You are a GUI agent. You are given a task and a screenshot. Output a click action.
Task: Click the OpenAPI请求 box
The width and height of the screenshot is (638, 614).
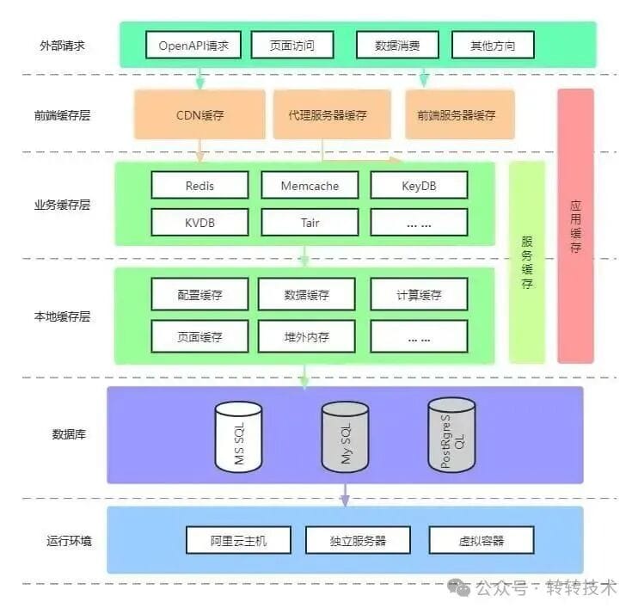click(x=193, y=46)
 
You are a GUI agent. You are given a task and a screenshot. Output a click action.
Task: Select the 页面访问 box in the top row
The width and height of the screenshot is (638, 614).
click(x=292, y=46)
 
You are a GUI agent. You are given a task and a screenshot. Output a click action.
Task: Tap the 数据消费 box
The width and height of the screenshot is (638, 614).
click(x=397, y=46)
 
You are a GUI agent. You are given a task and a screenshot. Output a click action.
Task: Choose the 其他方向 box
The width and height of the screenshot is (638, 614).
click(x=493, y=46)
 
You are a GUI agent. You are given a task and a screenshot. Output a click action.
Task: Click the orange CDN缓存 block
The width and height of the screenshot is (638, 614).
click(x=199, y=114)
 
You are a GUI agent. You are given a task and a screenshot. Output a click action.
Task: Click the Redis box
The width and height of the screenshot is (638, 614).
click(x=199, y=185)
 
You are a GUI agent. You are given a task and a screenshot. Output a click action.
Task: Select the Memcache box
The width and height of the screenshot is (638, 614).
click(x=310, y=185)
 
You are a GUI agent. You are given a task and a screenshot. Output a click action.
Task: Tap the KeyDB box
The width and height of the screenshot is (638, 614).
click(x=419, y=185)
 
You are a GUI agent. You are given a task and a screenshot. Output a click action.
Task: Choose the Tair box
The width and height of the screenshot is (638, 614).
click(x=310, y=222)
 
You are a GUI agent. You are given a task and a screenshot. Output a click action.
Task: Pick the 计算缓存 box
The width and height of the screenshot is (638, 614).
click(x=419, y=295)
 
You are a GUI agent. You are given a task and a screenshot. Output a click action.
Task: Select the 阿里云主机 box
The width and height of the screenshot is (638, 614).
click(x=239, y=540)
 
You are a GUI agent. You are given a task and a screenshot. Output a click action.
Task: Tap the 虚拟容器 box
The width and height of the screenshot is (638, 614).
click(x=482, y=540)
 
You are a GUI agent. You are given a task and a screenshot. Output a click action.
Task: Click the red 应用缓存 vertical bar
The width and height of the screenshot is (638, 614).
click(x=575, y=226)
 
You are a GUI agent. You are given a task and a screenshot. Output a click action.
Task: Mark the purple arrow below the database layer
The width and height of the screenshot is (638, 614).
click(x=345, y=494)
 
